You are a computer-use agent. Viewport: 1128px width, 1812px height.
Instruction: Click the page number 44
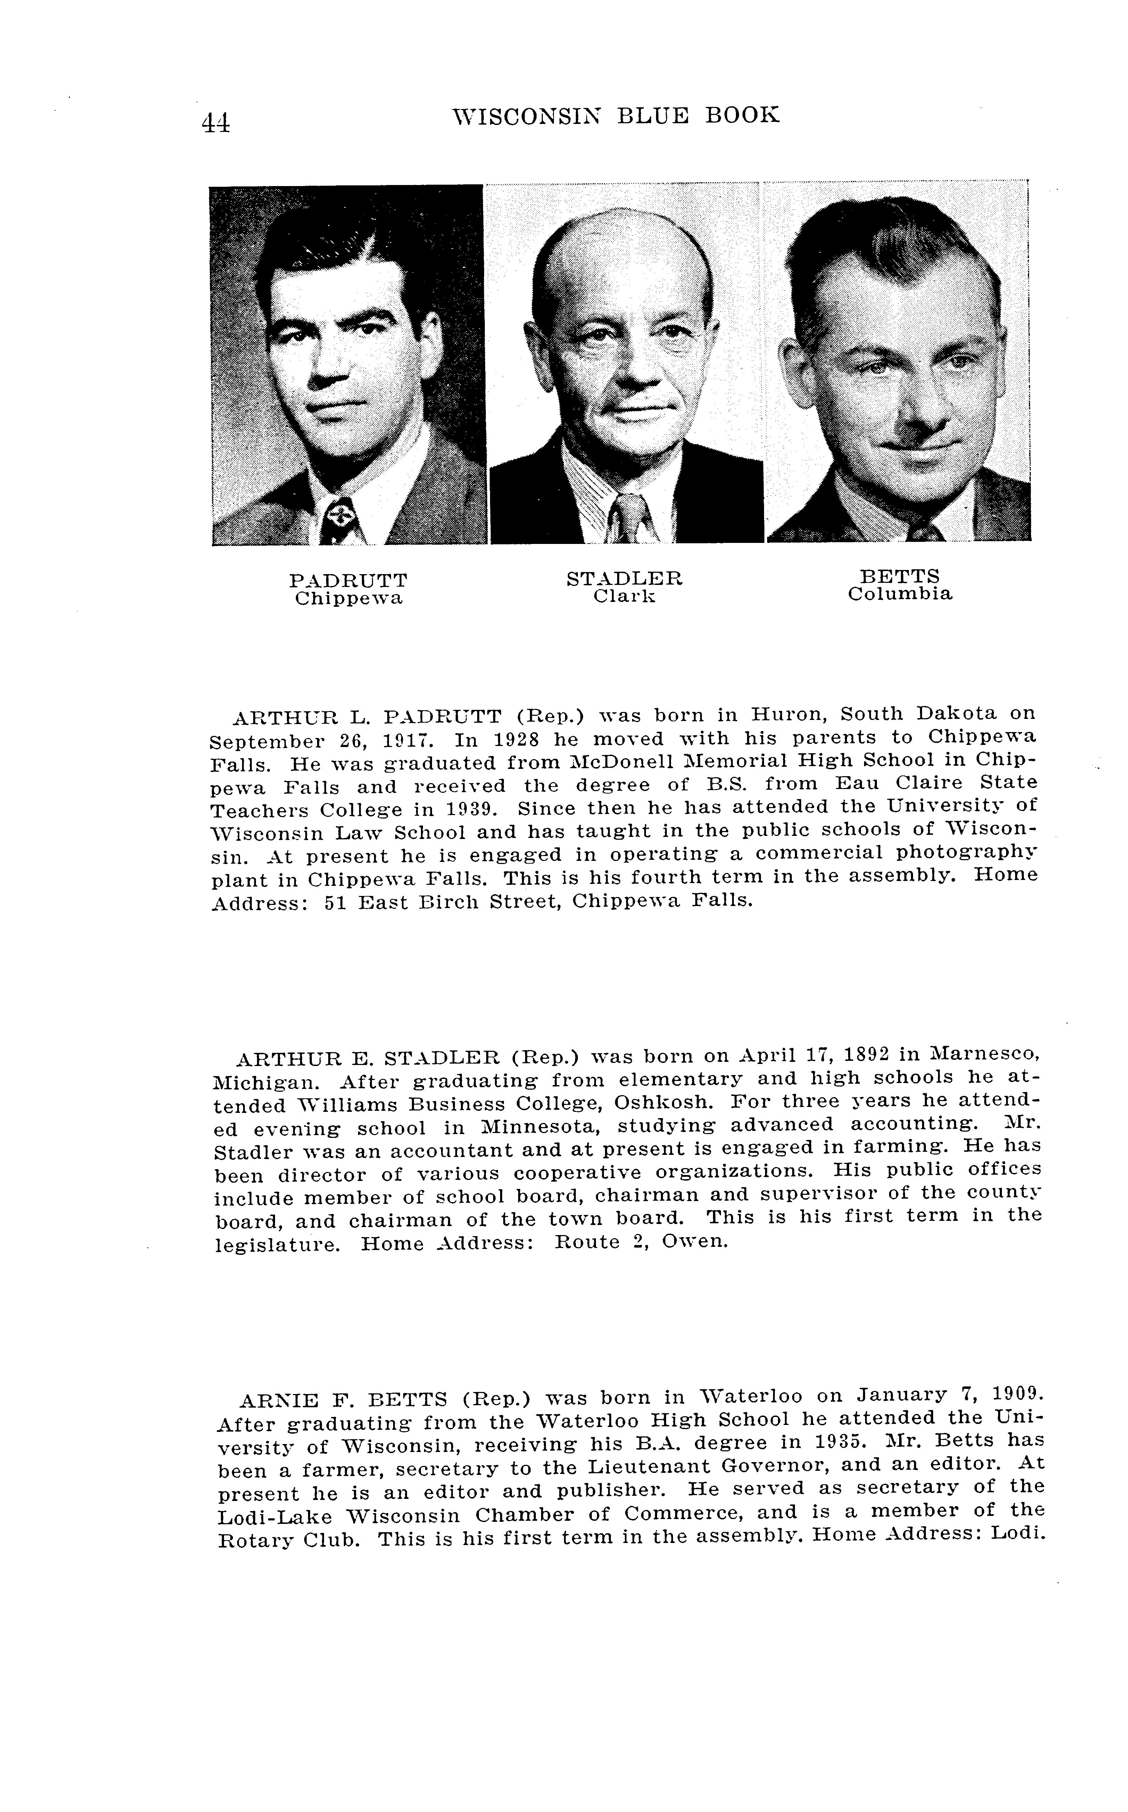[216, 121]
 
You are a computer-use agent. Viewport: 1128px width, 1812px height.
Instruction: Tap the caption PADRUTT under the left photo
[348, 580]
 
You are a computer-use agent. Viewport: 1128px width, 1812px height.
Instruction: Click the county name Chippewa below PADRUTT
[348, 599]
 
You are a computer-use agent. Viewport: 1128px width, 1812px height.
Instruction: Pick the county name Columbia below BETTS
[900, 594]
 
